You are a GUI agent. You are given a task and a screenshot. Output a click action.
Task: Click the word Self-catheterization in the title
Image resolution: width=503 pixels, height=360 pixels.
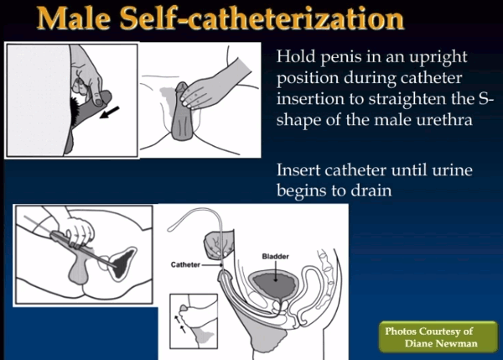tap(262, 18)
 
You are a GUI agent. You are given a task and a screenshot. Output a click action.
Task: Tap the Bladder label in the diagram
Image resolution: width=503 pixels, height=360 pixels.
tap(275, 256)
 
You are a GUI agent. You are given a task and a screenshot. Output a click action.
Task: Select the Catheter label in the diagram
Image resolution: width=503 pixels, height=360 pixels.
tap(185, 264)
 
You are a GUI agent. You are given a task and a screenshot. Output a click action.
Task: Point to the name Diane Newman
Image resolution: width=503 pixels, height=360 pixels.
tap(441, 343)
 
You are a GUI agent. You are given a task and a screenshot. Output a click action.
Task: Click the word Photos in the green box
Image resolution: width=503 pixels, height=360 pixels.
tap(401, 331)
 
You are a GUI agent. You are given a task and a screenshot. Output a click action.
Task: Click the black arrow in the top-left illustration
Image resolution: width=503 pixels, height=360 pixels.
tap(109, 112)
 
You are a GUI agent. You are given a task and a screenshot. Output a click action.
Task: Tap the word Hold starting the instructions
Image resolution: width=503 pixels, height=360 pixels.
tap(296, 56)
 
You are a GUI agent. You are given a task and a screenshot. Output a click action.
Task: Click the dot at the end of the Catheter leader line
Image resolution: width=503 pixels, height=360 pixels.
tap(221, 265)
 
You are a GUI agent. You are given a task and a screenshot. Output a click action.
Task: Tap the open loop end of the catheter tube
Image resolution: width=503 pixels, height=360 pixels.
tap(170, 229)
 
